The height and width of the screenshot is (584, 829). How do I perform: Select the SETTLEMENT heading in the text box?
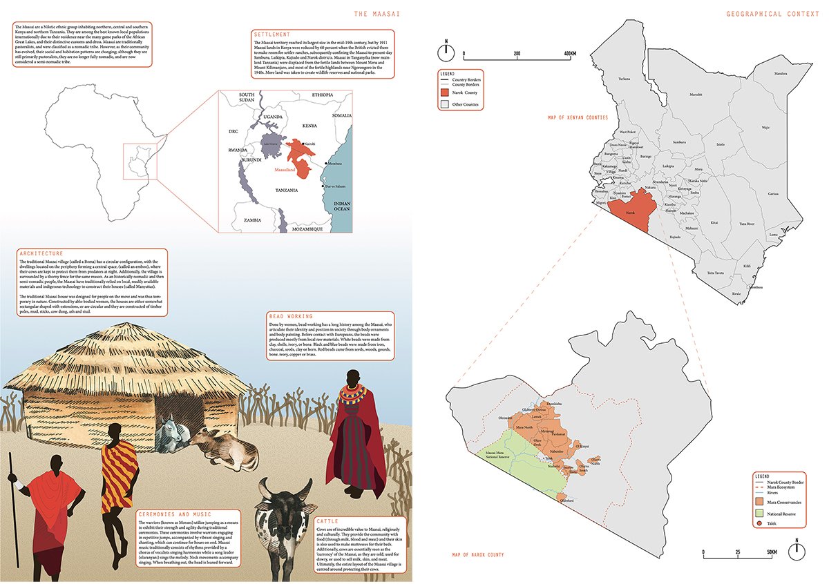[271, 35]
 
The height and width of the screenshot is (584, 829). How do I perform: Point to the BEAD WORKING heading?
[290, 317]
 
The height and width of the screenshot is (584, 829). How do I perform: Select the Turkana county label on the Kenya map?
[625, 79]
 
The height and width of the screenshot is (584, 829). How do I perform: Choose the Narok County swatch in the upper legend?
[446, 93]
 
